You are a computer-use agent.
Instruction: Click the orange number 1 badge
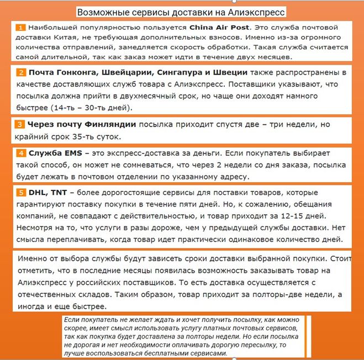(x=20, y=27)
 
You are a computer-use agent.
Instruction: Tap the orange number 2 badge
(x=20, y=72)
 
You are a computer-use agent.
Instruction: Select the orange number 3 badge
(x=20, y=125)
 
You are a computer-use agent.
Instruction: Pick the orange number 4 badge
(x=20, y=153)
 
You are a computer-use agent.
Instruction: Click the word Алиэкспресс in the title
(x=253, y=12)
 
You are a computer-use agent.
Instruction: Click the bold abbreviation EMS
(x=67, y=153)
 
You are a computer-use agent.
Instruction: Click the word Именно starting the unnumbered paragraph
(x=33, y=259)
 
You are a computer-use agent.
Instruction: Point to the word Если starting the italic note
(x=71, y=320)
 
